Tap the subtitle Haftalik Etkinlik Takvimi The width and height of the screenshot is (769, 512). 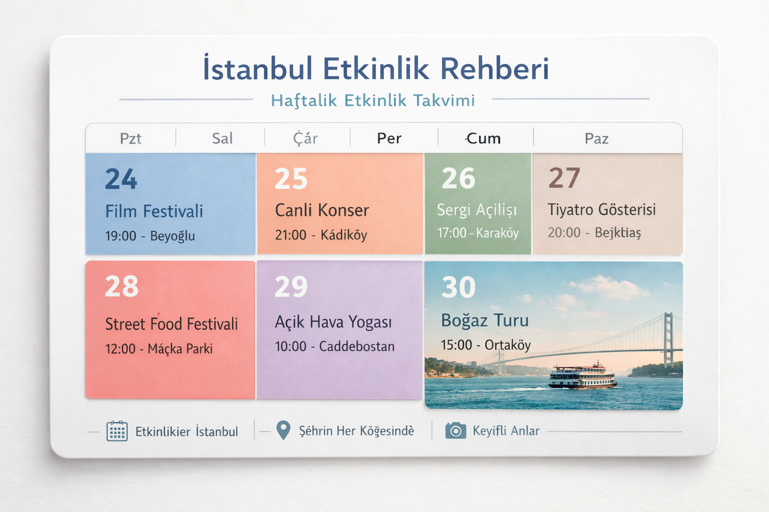(x=372, y=100)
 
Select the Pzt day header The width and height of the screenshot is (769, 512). (x=131, y=138)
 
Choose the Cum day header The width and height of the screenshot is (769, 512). (x=483, y=138)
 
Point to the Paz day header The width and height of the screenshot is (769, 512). (x=596, y=138)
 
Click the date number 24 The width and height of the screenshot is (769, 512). (x=121, y=179)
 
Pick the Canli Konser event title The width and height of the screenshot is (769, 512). (x=322, y=210)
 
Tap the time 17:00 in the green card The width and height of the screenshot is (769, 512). (x=452, y=233)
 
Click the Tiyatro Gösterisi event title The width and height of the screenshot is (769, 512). (x=601, y=209)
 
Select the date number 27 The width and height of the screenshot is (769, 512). (x=564, y=178)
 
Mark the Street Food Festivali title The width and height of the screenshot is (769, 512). (x=171, y=324)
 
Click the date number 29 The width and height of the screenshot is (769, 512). (x=291, y=287)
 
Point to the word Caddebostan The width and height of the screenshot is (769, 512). (x=357, y=346)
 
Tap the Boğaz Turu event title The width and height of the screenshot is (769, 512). (x=485, y=320)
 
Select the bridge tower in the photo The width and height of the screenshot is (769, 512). (x=668, y=340)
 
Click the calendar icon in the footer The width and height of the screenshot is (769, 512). (x=117, y=431)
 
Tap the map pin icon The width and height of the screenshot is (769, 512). (x=283, y=430)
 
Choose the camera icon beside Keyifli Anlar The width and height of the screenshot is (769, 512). (x=456, y=430)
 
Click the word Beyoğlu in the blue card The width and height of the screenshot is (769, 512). (x=172, y=236)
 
